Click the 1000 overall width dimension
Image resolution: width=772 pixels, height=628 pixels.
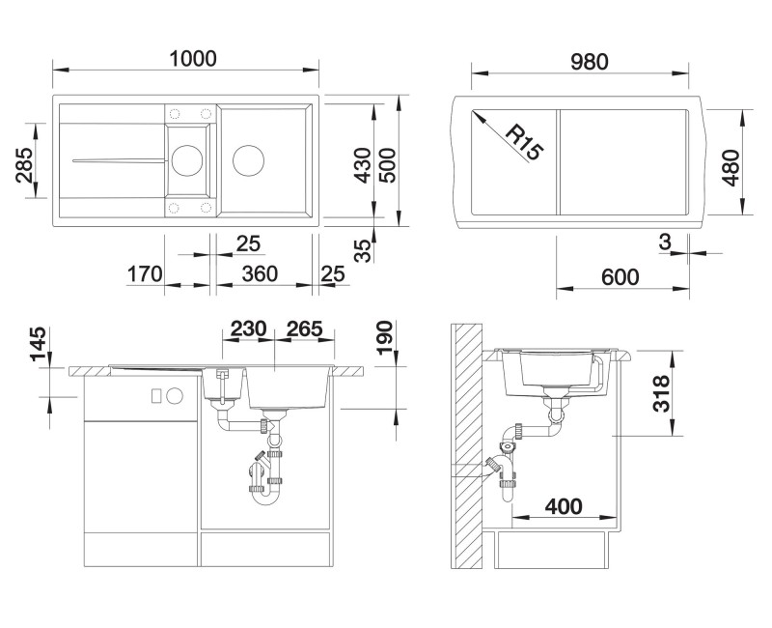point(192,59)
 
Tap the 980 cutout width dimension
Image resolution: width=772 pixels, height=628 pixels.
point(590,62)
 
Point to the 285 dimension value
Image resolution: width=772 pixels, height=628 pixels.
point(25,164)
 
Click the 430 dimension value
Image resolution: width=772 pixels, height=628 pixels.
point(364,165)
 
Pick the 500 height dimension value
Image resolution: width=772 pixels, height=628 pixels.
point(388,165)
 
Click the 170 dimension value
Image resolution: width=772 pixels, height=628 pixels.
point(145,274)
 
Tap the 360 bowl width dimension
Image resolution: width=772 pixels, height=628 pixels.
point(260,274)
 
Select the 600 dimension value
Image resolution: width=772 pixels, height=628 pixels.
point(620,277)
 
